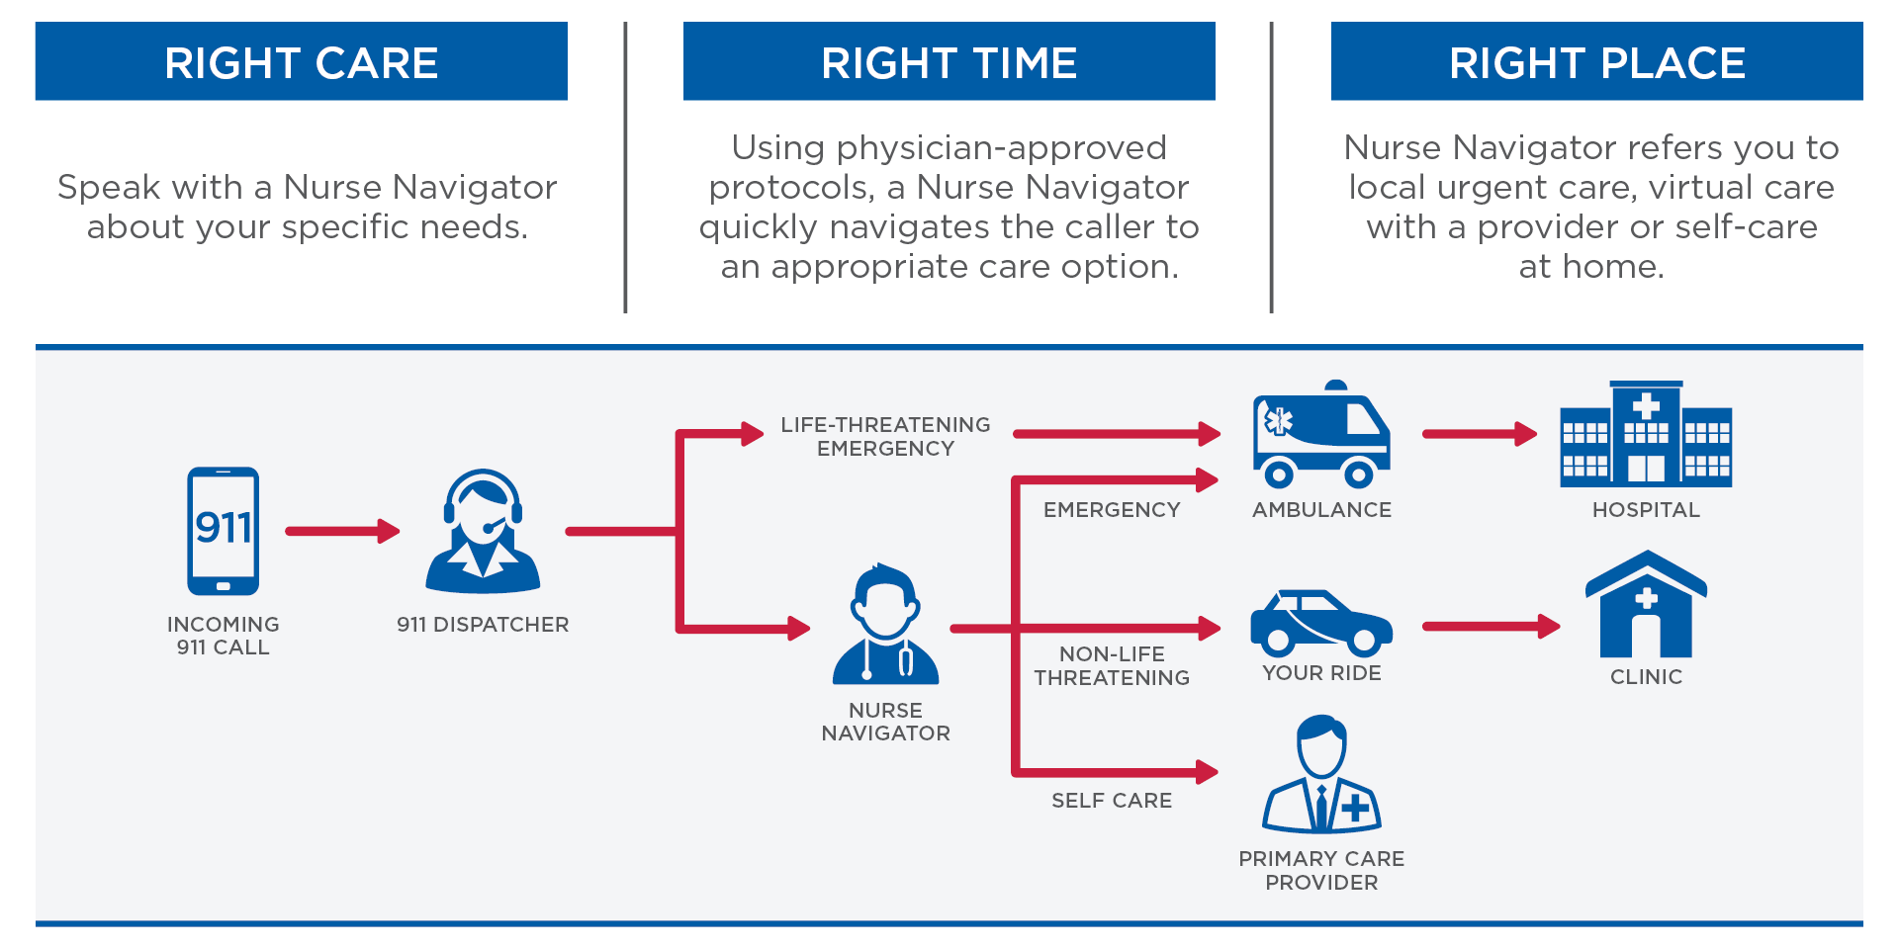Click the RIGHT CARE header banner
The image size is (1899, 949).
tap(301, 62)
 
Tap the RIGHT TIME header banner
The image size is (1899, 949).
tap(949, 62)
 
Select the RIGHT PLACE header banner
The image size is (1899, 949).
tap(1596, 62)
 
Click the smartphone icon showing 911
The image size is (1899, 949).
tap(224, 531)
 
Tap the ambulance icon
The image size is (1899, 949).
tap(1320, 436)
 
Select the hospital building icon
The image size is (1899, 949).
tap(1646, 435)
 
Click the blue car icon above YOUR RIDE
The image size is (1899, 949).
tap(1320, 624)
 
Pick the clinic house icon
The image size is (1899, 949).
tap(1646, 605)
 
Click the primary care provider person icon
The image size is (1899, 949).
tap(1321, 776)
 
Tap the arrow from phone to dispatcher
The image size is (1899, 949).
tap(341, 531)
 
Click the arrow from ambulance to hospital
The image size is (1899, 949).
tap(1479, 433)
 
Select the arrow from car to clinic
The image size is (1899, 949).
tap(1490, 626)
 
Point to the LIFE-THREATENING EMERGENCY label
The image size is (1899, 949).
tap(885, 436)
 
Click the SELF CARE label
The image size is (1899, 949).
tap(1112, 801)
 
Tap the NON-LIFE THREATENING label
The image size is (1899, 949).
tap(1112, 666)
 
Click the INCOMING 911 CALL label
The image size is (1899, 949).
tap(224, 636)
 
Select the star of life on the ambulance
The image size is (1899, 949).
tap(1279, 421)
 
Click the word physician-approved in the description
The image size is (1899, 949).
tap(1001, 148)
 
